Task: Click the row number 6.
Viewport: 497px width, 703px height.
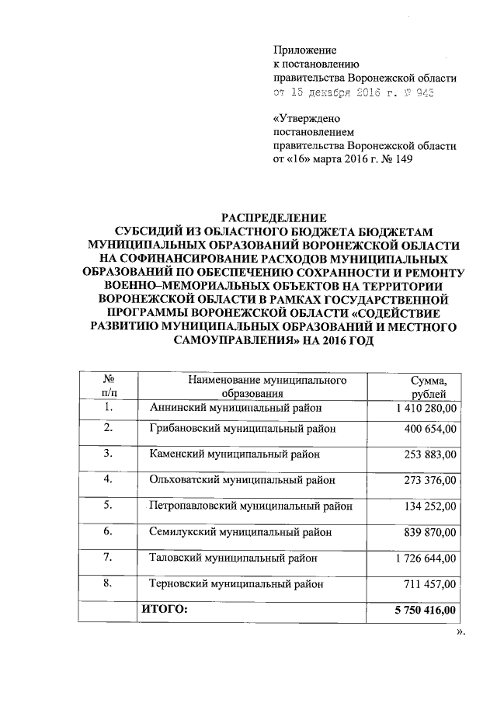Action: pos(109,531)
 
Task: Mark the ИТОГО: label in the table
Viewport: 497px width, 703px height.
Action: pos(165,610)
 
